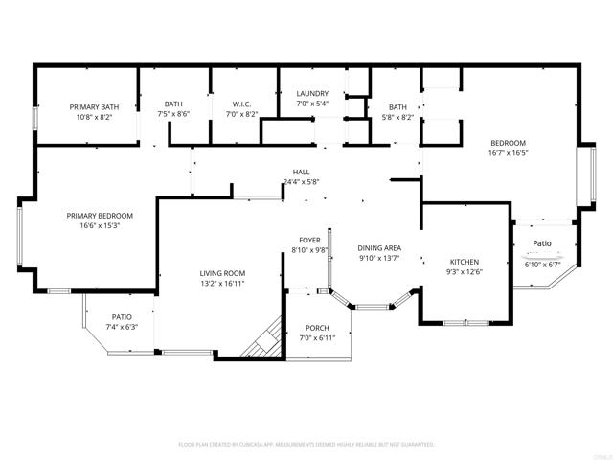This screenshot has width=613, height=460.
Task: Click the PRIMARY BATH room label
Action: [x=94, y=106]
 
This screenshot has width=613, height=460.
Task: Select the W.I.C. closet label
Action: [x=241, y=103]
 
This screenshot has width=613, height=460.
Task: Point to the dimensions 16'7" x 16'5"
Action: [x=509, y=151]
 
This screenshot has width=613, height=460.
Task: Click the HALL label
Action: [x=301, y=172]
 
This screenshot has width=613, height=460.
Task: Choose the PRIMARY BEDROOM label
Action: [x=100, y=216]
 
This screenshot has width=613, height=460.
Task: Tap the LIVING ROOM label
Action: [x=222, y=272]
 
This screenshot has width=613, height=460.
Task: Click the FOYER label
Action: [x=310, y=240]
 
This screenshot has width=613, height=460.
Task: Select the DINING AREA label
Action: [x=379, y=247]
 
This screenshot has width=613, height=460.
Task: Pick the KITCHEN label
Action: [x=465, y=262]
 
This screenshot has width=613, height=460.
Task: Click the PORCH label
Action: [x=317, y=328]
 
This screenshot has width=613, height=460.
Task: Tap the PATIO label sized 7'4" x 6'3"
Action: [x=122, y=316]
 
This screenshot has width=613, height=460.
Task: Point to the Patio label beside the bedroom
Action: [x=542, y=243]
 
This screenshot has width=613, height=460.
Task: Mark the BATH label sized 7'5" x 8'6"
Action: [x=173, y=103]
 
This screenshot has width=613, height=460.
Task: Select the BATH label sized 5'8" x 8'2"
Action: [x=398, y=106]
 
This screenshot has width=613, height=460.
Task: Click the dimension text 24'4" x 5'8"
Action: [x=301, y=181]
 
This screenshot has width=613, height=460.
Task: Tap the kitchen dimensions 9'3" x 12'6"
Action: [x=465, y=273]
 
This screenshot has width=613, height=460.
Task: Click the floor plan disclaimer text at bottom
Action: [x=306, y=445]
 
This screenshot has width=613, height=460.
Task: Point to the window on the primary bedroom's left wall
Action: [x=19, y=236]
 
